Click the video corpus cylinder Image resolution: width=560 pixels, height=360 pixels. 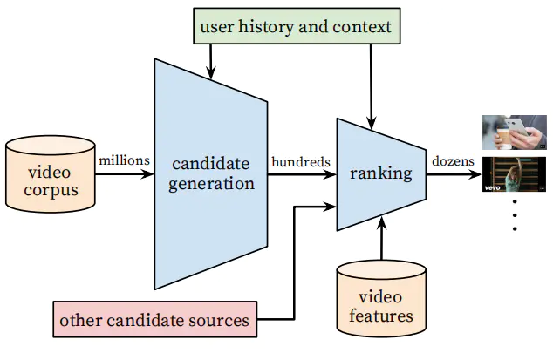coord(49,174)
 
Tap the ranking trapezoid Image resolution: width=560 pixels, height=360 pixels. coord(381,173)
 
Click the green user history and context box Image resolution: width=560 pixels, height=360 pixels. coord(297,27)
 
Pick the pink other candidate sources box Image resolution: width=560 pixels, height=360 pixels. coord(154,320)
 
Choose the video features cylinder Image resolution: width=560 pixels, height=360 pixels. coord(382,305)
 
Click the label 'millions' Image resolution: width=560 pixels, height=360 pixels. coord(125,160)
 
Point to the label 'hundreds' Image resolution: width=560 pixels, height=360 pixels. coord(300,161)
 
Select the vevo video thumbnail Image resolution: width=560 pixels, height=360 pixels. coord(515,174)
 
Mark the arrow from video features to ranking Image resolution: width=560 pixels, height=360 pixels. coord(381,240)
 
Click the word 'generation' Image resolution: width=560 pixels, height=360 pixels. coord(212,184)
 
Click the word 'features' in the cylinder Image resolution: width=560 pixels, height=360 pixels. coord(382,316)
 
